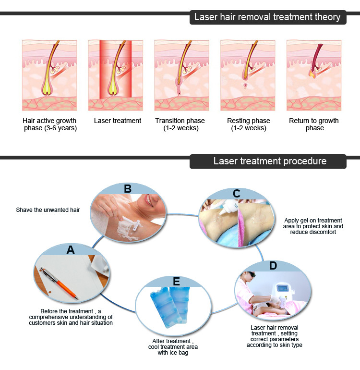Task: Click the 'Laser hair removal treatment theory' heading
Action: pyautogui.click(x=267, y=17)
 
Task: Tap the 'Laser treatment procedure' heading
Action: pyautogui.click(x=270, y=161)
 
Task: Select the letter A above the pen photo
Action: pyautogui.click(x=71, y=250)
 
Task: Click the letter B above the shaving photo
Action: pyautogui.click(x=128, y=189)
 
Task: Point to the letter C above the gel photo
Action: pyautogui.click(x=237, y=194)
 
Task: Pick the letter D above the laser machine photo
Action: pyautogui.click(x=273, y=266)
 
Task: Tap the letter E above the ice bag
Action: pyautogui.click(x=176, y=282)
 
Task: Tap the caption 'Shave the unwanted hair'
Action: pyautogui.click(x=48, y=210)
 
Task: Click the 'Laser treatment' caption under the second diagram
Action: pyautogui.click(x=118, y=121)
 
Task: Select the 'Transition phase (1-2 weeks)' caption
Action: pyautogui.click(x=180, y=124)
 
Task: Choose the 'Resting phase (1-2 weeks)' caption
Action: pyautogui.click(x=249, y=124)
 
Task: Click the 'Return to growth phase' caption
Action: pyautogui.click(x=314, y=124)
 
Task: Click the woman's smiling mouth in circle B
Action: pyautogui.click(x=149, y=200)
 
